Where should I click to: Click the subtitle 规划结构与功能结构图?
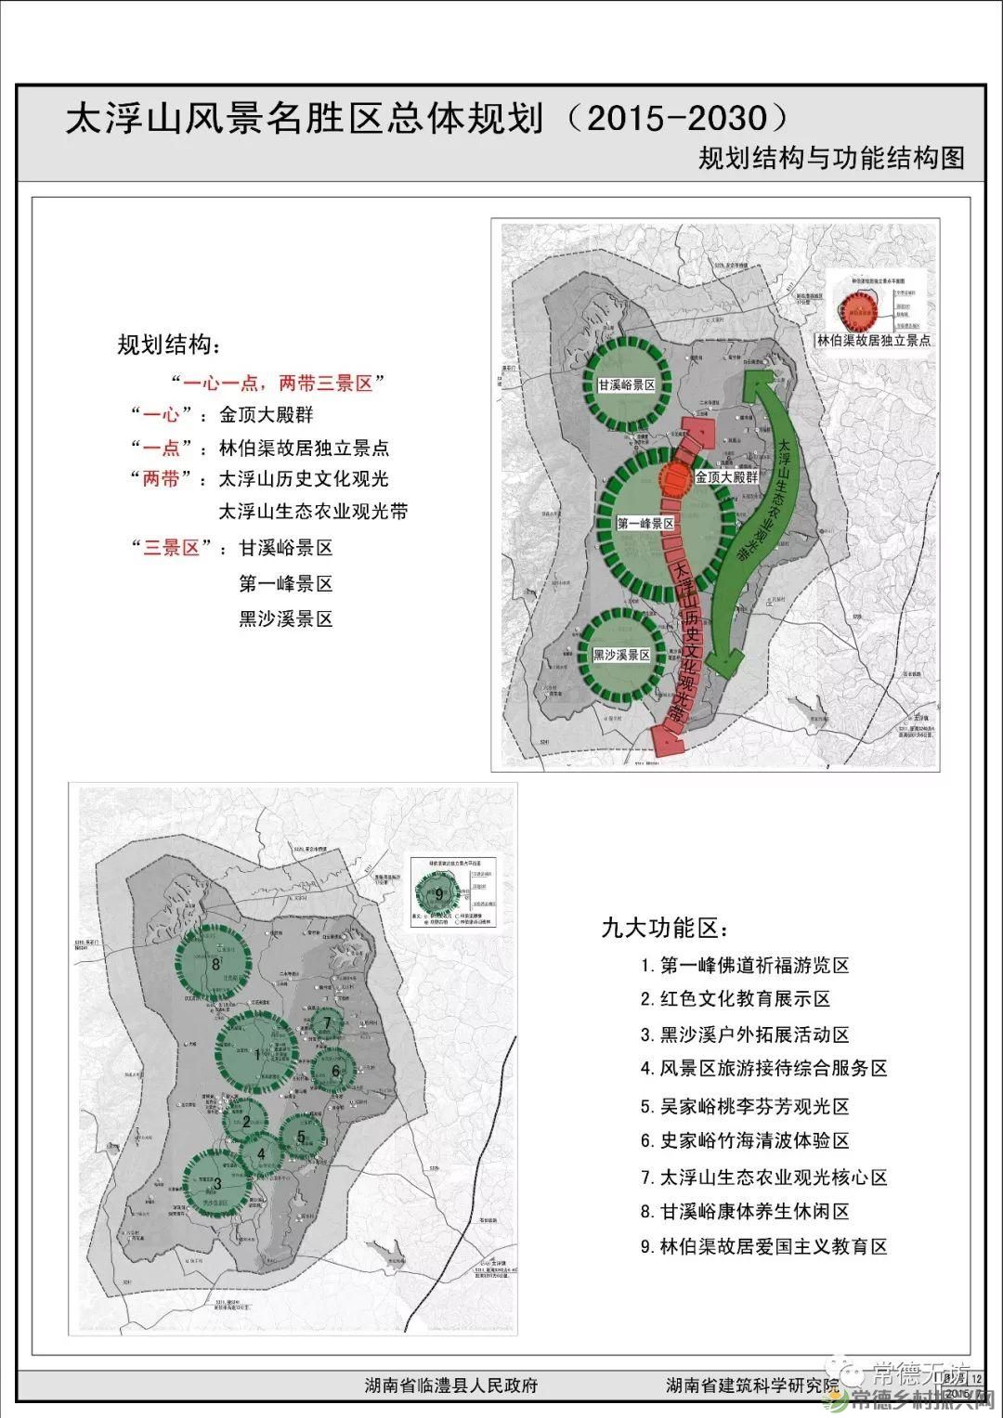(831, 158)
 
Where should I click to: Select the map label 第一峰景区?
(645, 524)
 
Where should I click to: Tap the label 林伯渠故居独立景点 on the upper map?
(873, 341)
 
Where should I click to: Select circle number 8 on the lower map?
(215, 964)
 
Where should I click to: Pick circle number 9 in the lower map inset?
(440, 894)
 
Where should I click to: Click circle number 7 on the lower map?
(326, 1023)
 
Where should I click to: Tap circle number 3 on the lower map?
(217, 1183)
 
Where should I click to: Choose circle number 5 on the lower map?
(301, 1136)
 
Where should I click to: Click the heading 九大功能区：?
(665, 927)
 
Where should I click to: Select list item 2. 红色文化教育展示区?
(735, 999)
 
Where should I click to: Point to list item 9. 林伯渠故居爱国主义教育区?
(763, 1246)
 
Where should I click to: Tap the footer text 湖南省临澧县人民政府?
(451, 1385)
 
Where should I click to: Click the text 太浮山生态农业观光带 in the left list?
(313, 512)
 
